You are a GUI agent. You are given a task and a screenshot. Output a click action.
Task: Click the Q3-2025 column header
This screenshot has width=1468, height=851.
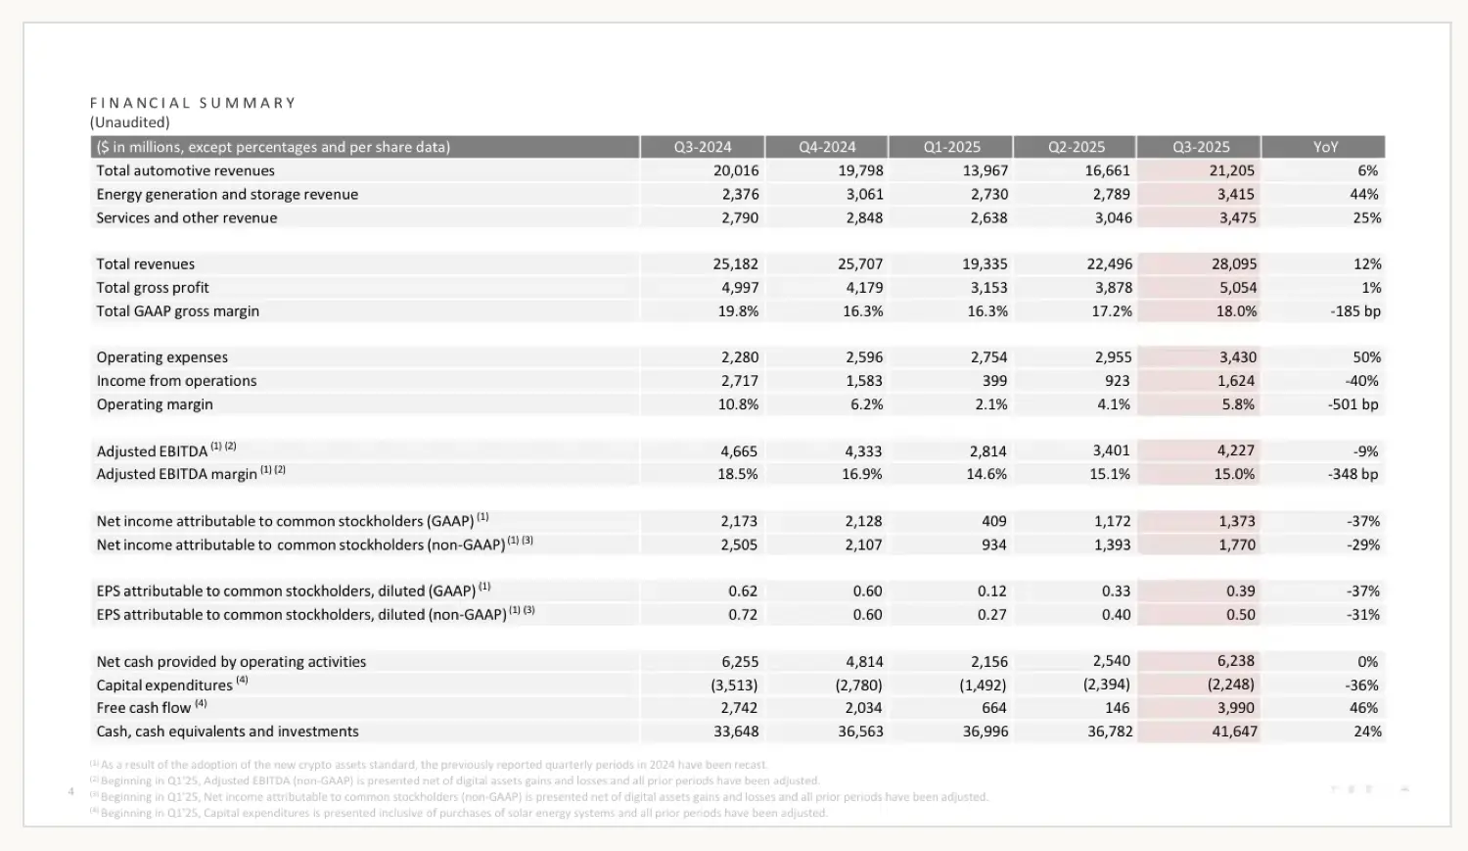coord(1201,147)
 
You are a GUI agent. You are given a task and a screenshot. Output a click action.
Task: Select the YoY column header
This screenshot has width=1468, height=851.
coord(1325,147)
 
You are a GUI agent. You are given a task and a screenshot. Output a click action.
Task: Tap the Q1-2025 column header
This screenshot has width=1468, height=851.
coord(951,147)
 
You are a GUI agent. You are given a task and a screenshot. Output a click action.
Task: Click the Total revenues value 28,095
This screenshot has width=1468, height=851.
coord(1233,264)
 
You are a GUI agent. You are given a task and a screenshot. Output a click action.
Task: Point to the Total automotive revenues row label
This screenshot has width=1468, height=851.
coord(185,170)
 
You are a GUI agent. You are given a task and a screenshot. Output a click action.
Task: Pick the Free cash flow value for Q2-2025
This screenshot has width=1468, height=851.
coord(1117,708)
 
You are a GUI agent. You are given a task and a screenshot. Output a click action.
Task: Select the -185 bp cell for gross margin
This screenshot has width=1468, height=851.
coord(1355,311)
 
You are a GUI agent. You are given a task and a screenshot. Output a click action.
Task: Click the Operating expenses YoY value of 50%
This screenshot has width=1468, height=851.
coord(1366,357)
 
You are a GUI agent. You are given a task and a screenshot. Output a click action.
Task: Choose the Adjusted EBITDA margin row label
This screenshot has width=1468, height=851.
coord(176,474)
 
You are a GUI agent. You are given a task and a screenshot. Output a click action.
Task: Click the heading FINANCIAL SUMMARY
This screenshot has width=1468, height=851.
coord(193,103)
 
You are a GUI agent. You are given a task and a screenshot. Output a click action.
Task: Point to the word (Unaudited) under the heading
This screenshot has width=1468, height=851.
coord(130,122)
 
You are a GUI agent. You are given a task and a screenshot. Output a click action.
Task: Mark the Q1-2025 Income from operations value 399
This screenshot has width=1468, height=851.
coord(993,381)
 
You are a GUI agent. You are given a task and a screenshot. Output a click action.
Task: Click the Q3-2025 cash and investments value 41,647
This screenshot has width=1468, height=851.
coord(1234,732)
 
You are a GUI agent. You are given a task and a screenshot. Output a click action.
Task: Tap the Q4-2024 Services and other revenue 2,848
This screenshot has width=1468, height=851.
coord(864,217)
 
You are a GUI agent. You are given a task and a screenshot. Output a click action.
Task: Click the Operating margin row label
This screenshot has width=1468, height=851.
coord(155,404)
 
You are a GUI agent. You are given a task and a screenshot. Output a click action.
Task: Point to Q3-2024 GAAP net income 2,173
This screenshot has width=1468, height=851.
coord(739,521)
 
